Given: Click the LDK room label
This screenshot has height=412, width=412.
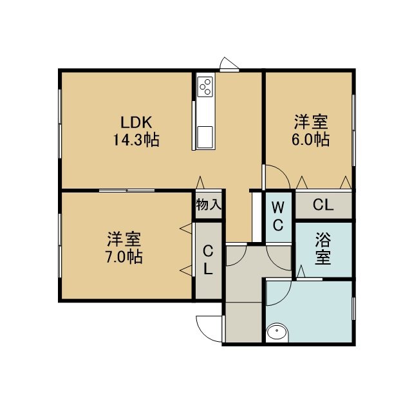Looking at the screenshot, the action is (x=136, y=122).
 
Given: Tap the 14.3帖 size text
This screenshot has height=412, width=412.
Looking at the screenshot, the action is (x=136, y=140).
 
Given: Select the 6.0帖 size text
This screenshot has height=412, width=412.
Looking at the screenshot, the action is (x=310, y=139).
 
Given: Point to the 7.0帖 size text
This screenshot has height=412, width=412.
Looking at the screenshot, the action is (x=124, y=257).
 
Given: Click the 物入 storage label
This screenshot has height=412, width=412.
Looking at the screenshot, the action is (x=209, y=205).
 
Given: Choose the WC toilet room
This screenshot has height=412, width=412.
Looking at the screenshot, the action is (x=278, y=217).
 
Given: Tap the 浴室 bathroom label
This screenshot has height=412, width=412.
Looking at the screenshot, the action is (x=323, y=248).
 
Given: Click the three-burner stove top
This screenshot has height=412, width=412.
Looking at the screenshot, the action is (x=205, y=87).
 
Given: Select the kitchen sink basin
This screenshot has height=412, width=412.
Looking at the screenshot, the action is (x=205, y=137).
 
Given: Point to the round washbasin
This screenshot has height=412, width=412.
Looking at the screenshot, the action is (x=277, y=333).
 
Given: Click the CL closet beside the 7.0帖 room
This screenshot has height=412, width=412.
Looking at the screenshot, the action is (x=209, y=260).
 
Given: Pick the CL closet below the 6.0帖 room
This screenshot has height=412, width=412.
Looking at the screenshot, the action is (x=323, y=205).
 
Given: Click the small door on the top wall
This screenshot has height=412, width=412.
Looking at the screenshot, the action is (x=229, y=64).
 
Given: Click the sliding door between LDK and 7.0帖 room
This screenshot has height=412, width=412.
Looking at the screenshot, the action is (x=127, y=191).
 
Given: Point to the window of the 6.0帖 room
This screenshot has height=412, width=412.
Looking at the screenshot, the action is (x=353, y=130).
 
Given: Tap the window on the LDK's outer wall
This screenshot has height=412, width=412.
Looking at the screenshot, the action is (x=60, y=124).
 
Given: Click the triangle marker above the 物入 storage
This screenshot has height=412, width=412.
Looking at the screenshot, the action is (x=200, y=182).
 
